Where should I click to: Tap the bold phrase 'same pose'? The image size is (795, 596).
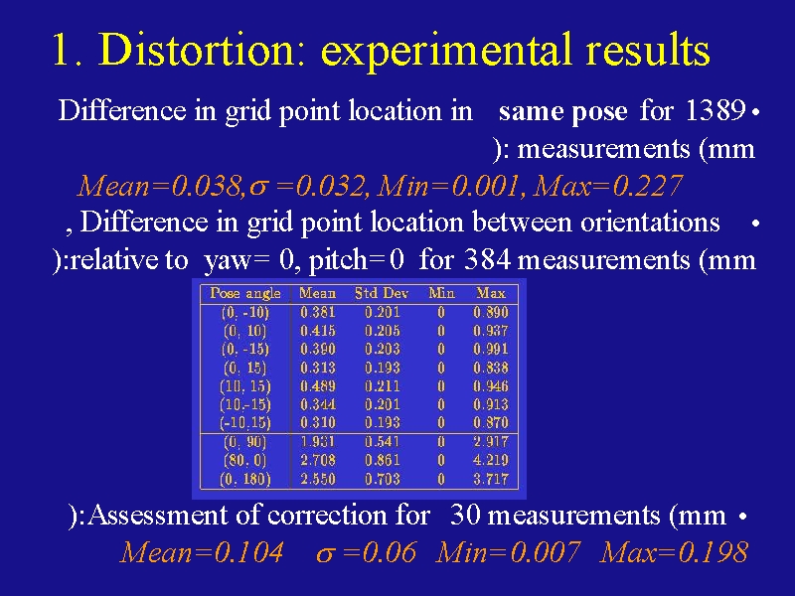click(x=562, y=112)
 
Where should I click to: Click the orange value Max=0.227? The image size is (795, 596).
click(x=608, y=186)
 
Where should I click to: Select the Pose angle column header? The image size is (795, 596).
click(x=244, y=293)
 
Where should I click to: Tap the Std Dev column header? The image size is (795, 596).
click(x=382, y=293)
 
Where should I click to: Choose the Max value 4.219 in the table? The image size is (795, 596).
click(x=490, y=460)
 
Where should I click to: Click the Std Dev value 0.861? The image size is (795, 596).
click(x=382, y=460)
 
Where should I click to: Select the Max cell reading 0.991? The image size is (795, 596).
click(x=490, y=350)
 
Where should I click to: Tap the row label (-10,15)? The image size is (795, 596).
click(x=244, y=423)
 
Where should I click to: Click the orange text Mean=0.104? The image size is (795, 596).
click(x=202, y=552)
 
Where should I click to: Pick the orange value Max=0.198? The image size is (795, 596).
click(x=674, y=552)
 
